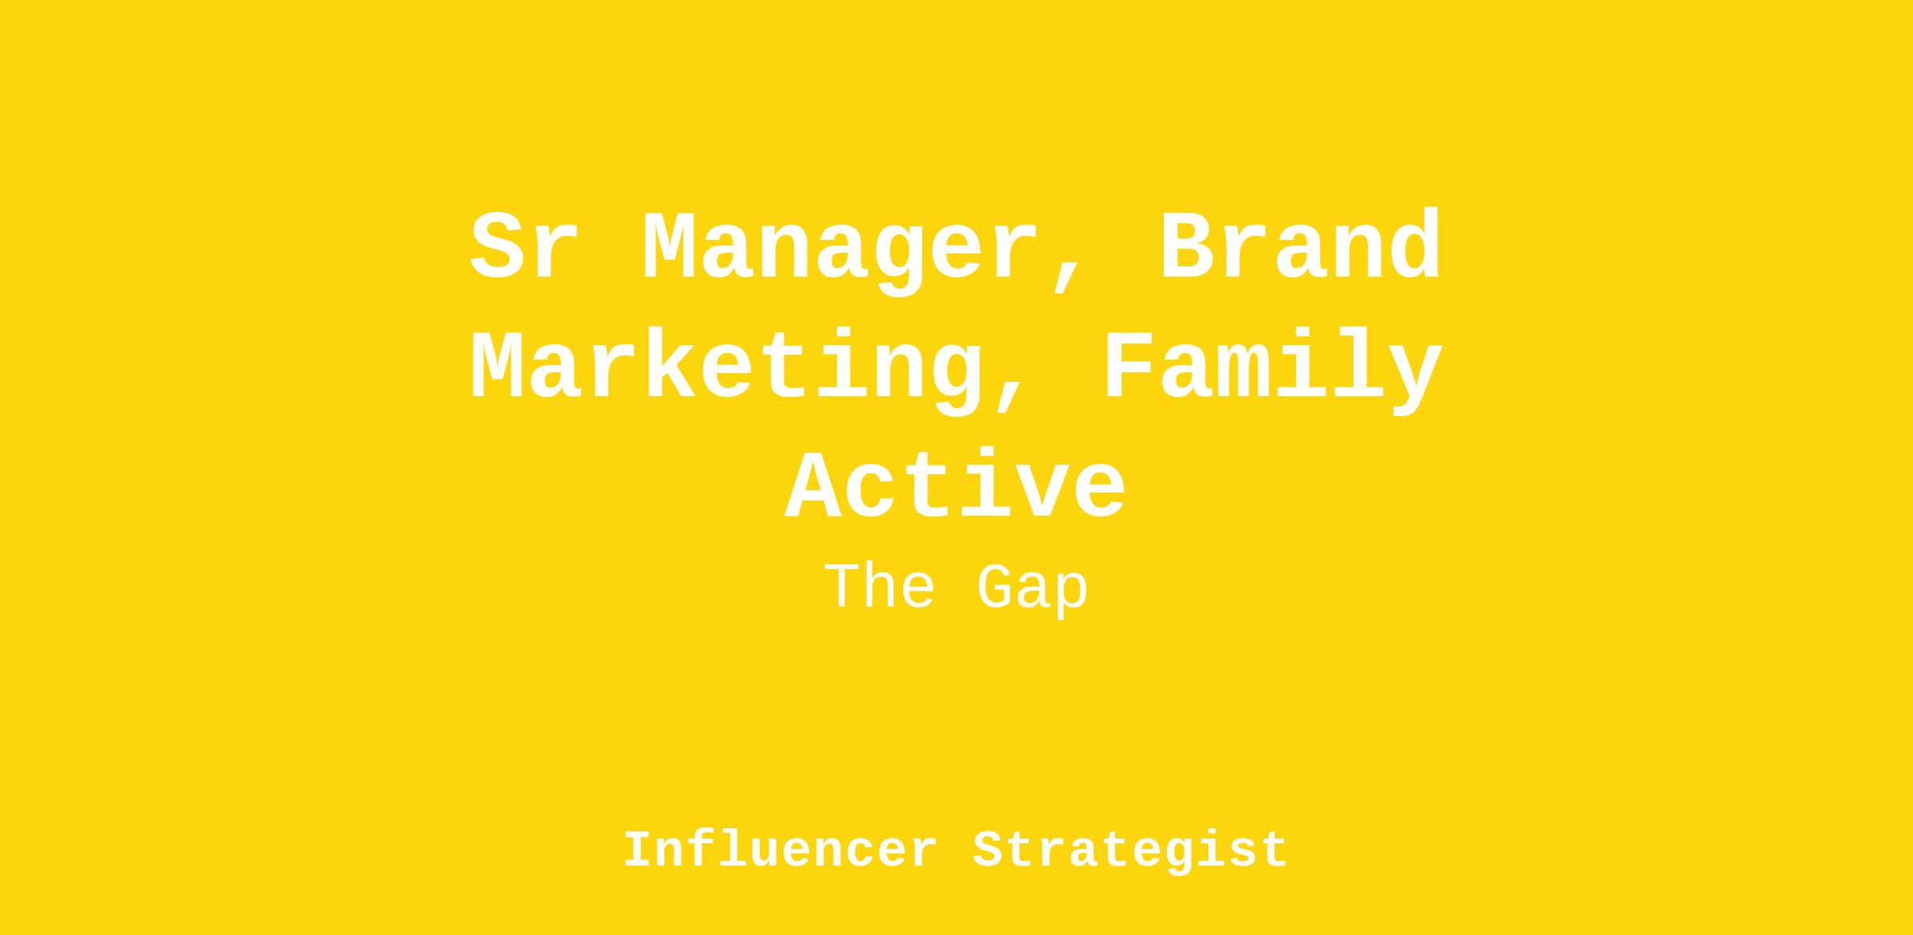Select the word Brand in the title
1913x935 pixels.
[x=1301, y=245]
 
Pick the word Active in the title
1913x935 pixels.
[x=956, y=484]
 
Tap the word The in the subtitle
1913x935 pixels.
[x=879, y=587]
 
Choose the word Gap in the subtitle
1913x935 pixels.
[x=1032, y=591]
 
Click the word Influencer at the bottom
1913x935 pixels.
[x=780, y=850]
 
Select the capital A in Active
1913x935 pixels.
[x=812, y=485]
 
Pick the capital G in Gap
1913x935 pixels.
[x=1003, y=587]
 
